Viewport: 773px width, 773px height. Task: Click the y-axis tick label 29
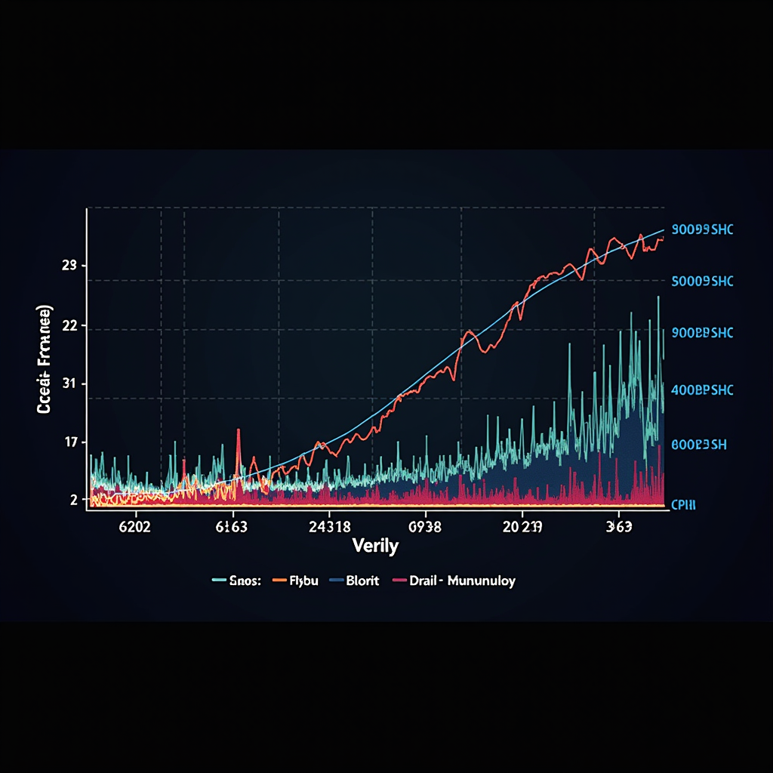tap(69, 266)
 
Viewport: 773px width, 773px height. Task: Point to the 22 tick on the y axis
tap(69, 326)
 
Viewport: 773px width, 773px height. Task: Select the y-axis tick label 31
tap(69, 384)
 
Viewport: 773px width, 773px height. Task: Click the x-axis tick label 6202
tap(135, 528)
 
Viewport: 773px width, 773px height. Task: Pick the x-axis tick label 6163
tap(232, 528)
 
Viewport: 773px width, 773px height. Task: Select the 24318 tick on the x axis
tap(330, 528)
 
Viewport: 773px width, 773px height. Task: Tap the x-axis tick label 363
tap(618, 528)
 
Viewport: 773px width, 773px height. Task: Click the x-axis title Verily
tap(375, 546)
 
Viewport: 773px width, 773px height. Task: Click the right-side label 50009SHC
tap(702, 281)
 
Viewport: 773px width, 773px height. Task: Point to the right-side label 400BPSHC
tap(702, 390)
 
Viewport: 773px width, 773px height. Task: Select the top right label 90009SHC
tap(702, 229)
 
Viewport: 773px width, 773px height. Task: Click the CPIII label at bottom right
tap(683, 504)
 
